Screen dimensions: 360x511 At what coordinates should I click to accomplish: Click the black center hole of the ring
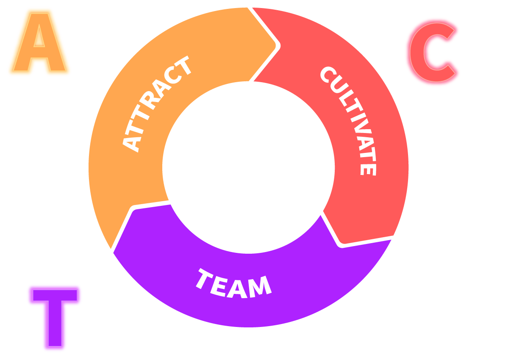click(248, 167)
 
